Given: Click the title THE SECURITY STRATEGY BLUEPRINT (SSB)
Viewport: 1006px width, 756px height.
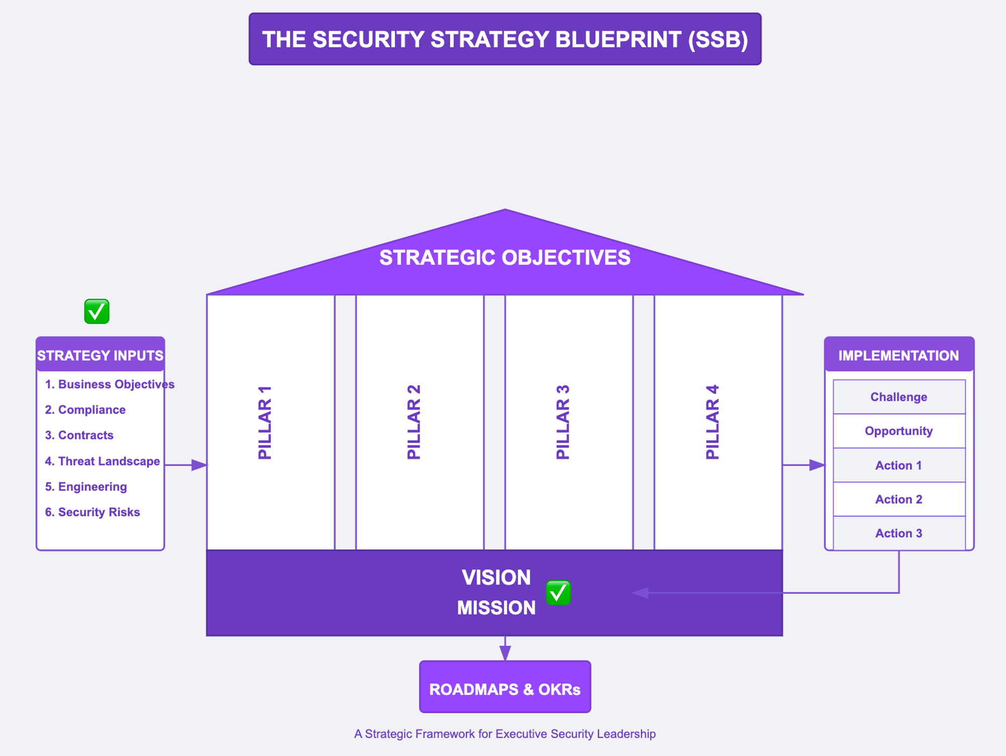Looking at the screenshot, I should (505, 39).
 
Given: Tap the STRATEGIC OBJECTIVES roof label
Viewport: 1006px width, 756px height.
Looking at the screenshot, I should (505, 258).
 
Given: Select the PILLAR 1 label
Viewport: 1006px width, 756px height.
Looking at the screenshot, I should (265, 423).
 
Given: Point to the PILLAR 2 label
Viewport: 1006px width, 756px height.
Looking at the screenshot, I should (413, 423).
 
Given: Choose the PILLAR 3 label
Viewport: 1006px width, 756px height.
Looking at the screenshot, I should (563, 423).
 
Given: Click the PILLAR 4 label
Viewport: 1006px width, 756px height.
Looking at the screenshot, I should (712, 423).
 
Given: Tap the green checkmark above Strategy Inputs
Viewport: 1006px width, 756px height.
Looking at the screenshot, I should (97, 311).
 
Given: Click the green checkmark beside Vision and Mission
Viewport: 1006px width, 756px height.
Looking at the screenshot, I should (558, 593).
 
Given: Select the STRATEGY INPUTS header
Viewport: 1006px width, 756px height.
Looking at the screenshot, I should (100, 355).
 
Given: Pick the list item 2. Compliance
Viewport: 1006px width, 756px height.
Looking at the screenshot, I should (86, 409).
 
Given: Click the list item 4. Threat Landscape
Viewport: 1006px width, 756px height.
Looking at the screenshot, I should (103, 461).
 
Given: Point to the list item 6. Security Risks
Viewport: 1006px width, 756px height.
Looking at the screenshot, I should (93, 512).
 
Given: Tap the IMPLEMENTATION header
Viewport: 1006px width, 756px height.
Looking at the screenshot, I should (898, 355).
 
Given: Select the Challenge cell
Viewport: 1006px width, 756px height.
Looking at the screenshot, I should (898, 397).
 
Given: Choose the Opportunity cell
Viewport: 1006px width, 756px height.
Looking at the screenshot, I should (898, 431).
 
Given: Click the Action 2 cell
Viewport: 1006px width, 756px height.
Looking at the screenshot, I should (898, 499).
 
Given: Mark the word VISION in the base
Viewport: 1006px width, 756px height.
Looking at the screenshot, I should (496, 577).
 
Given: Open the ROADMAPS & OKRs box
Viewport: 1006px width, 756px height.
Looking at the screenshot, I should (505, 689).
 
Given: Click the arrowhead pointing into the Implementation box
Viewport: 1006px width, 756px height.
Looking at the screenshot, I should (817, 465).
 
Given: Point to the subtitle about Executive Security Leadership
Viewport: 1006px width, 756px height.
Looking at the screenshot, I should (505, 734).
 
